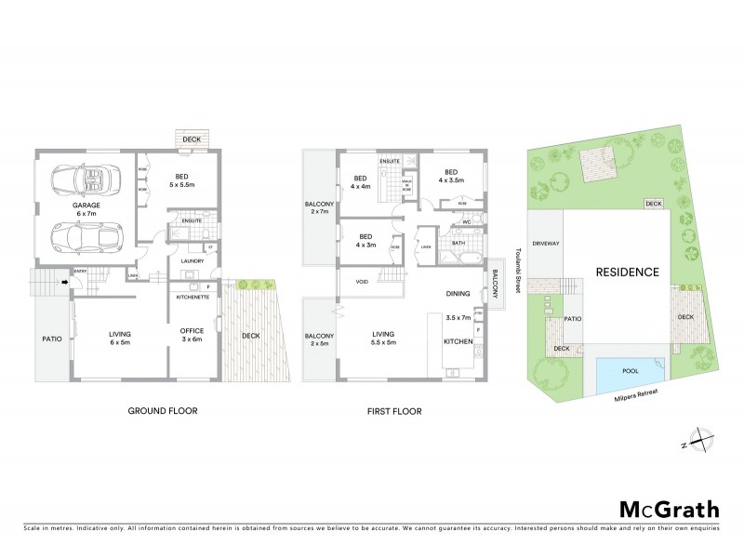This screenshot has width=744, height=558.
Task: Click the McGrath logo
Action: click(x=670, y=509)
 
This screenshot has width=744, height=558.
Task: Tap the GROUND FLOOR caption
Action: click(x=164, y=410)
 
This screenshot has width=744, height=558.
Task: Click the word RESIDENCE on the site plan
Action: click(x=628, y=272)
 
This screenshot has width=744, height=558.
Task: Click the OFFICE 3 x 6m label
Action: click(x=192, y=336)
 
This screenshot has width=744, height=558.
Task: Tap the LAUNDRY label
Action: click(x=193, y=261)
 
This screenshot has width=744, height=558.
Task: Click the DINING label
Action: click(x=458, y=294)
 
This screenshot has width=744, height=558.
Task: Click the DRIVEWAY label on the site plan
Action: click(x=547, y=243)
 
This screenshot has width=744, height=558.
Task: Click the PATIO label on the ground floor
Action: click(x=52, y=339)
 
